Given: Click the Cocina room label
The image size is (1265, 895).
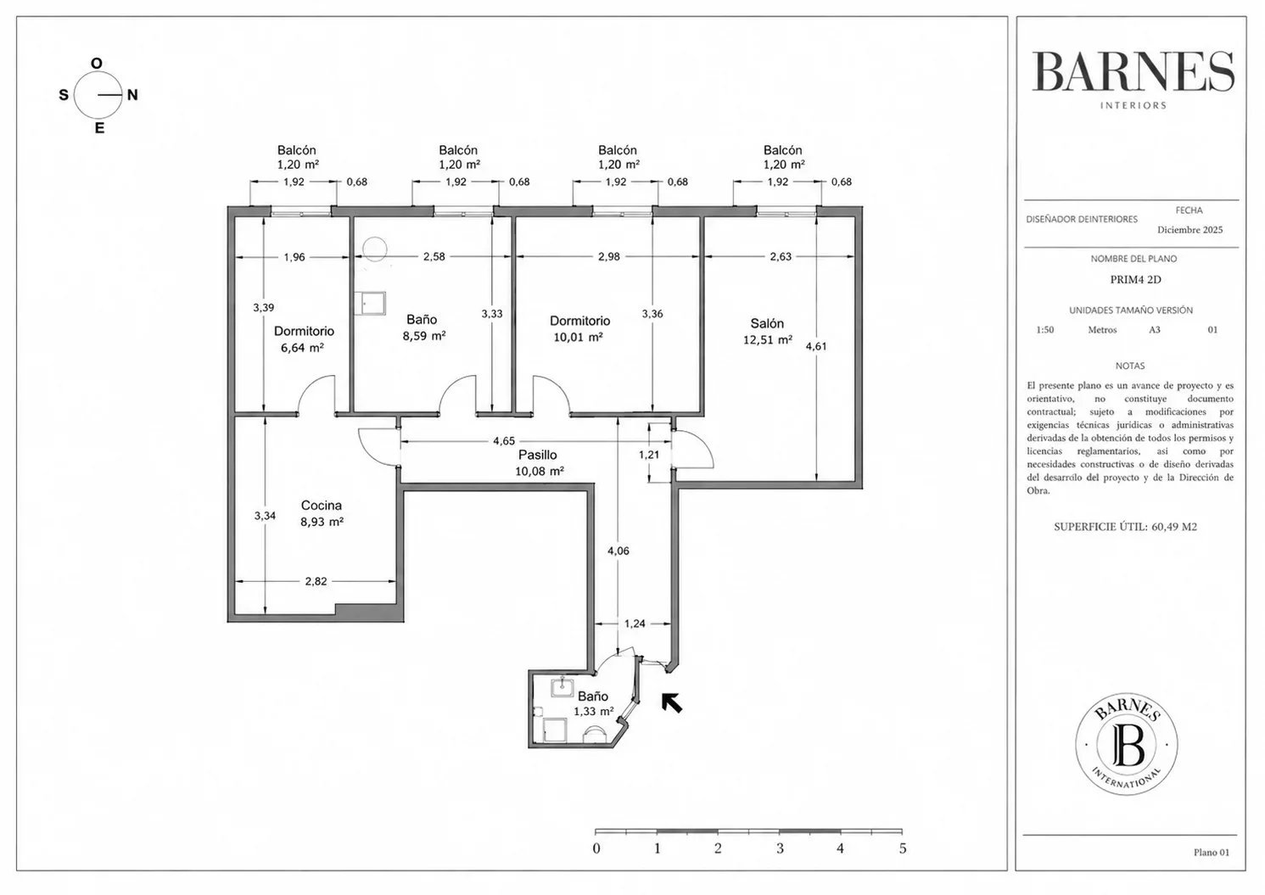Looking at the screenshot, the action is point(321,506).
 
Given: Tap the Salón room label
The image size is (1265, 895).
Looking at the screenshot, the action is point(767,323).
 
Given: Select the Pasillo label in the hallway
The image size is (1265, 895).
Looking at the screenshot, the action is point(538,455).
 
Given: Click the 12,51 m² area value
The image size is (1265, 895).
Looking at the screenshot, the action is point(768,340).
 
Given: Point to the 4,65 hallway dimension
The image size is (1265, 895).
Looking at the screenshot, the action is point(504,441).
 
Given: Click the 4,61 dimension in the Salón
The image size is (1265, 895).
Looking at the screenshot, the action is point(816,346).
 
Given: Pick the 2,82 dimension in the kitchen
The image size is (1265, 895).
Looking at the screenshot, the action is point(316,581).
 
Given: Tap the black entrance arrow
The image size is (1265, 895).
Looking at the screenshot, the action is point(672,703).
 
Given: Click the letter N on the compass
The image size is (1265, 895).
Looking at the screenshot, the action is point(132,95).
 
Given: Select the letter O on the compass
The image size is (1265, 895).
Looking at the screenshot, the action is point(97,64).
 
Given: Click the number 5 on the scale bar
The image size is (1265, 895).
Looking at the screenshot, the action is point(903,848).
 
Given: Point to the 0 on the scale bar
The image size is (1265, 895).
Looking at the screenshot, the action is point(596,848).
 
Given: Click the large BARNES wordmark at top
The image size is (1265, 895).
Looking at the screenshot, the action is point(1133,72).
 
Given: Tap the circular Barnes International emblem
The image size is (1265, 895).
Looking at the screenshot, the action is point(1127,744).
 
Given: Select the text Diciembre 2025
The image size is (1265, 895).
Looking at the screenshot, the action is point(1189,230).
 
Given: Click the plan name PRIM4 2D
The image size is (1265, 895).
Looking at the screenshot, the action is point(1136,279).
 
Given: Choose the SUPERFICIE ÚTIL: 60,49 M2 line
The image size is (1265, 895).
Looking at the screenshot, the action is point(1126,527).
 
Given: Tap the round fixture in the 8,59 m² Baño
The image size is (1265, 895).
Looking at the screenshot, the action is point(374,249).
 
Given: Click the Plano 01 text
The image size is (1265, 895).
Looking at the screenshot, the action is point(1212,853).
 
